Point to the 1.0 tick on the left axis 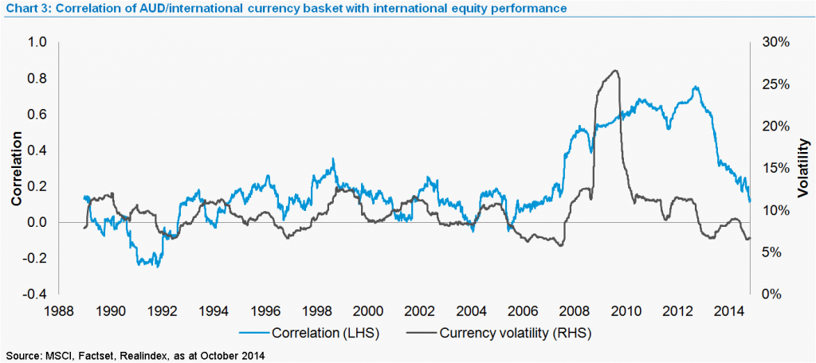coord(39,42)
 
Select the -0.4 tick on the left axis coord(37,294)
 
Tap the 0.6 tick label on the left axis coord(39,114)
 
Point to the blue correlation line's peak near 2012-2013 coord(696,87)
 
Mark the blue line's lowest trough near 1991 coord(157,266)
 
